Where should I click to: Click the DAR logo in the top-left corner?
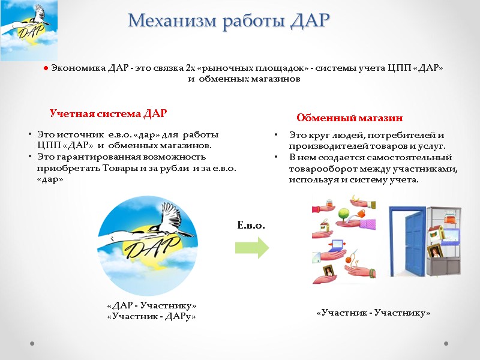click(29, 30)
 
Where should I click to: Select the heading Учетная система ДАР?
click(108, 113)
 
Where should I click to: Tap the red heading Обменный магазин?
click(349, 118)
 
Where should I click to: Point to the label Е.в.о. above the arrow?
click(251, 226)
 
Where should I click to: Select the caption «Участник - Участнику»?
click(373, 313)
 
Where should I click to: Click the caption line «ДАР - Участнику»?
click(151, 306)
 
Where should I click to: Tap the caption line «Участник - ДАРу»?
click(151, 316)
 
